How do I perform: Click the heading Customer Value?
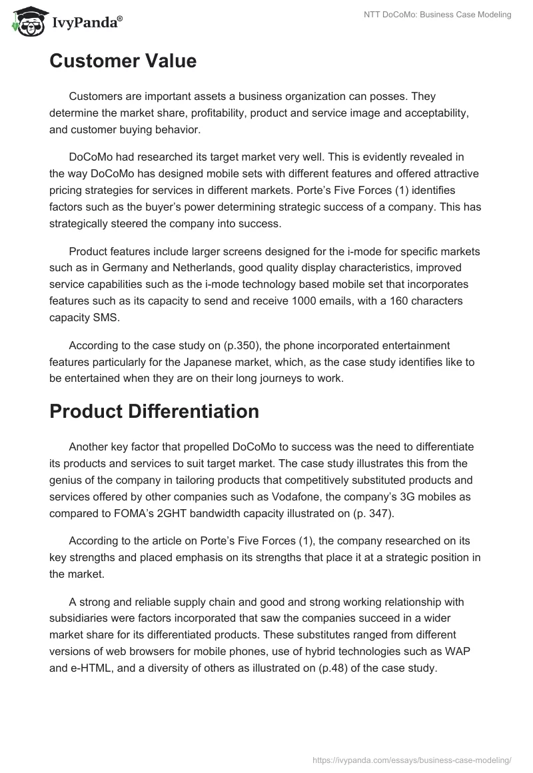click(123, 61)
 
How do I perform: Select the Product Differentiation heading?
click(154, 411)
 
